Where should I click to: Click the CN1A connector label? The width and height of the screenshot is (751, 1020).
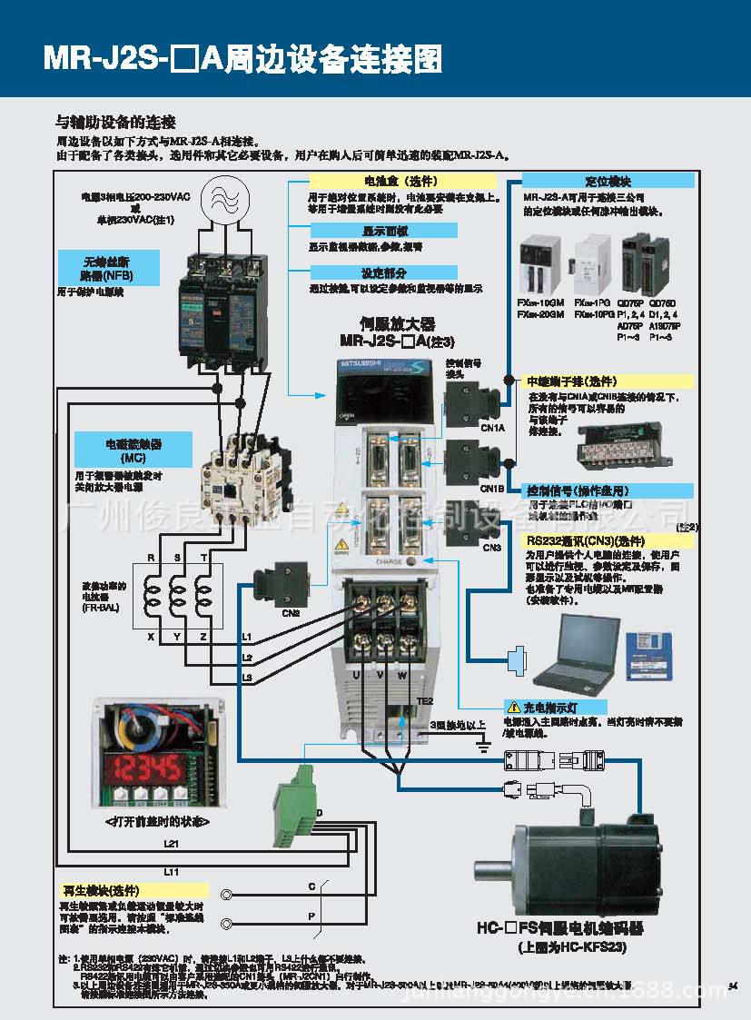click(x=492, y=427)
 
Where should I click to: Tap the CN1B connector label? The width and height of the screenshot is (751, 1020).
click(x=492, y=489)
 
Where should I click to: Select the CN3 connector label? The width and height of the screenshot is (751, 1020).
click(x=491, y=548)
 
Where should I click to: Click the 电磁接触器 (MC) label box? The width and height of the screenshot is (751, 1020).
click(x=133, y=450)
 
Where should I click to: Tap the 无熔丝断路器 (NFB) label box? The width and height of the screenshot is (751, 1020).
click(x=107, y=268)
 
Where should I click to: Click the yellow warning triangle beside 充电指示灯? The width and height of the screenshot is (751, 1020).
click(x=512, y=706)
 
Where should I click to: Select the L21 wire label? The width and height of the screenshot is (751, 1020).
click(x=171, y=843)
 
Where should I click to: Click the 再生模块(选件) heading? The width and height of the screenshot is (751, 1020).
click(x=100, y=891)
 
